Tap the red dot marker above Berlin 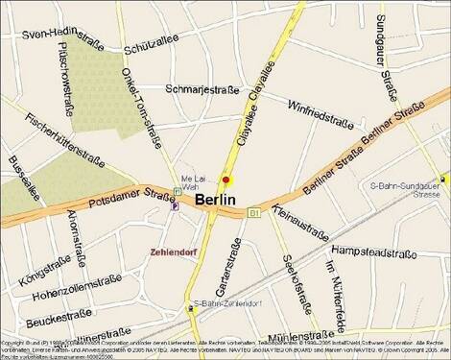tap(226, 180)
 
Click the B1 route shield tap(254, 211)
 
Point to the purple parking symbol tap(174, 204)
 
